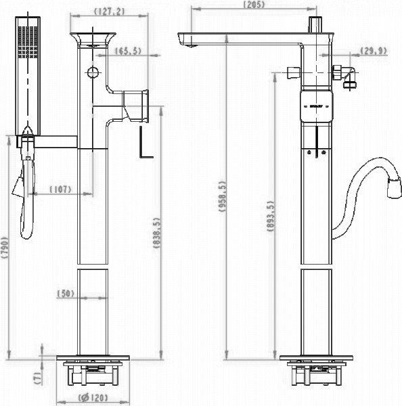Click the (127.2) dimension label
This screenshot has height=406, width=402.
(x=99, y=11)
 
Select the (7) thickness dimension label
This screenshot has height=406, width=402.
(x=38, y=376)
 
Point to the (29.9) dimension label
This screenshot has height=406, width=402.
(x=374, y=50)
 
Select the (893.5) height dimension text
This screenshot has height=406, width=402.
(x=271, y=217)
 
